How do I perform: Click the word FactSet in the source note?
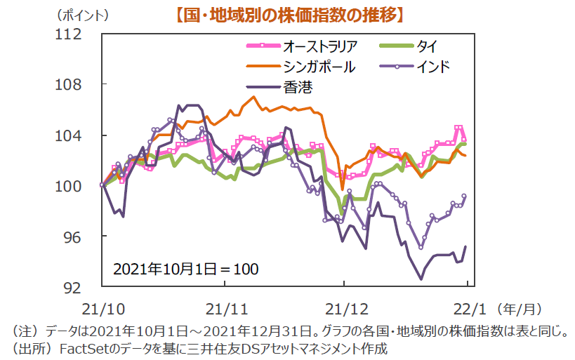click(x=85, y=347)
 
